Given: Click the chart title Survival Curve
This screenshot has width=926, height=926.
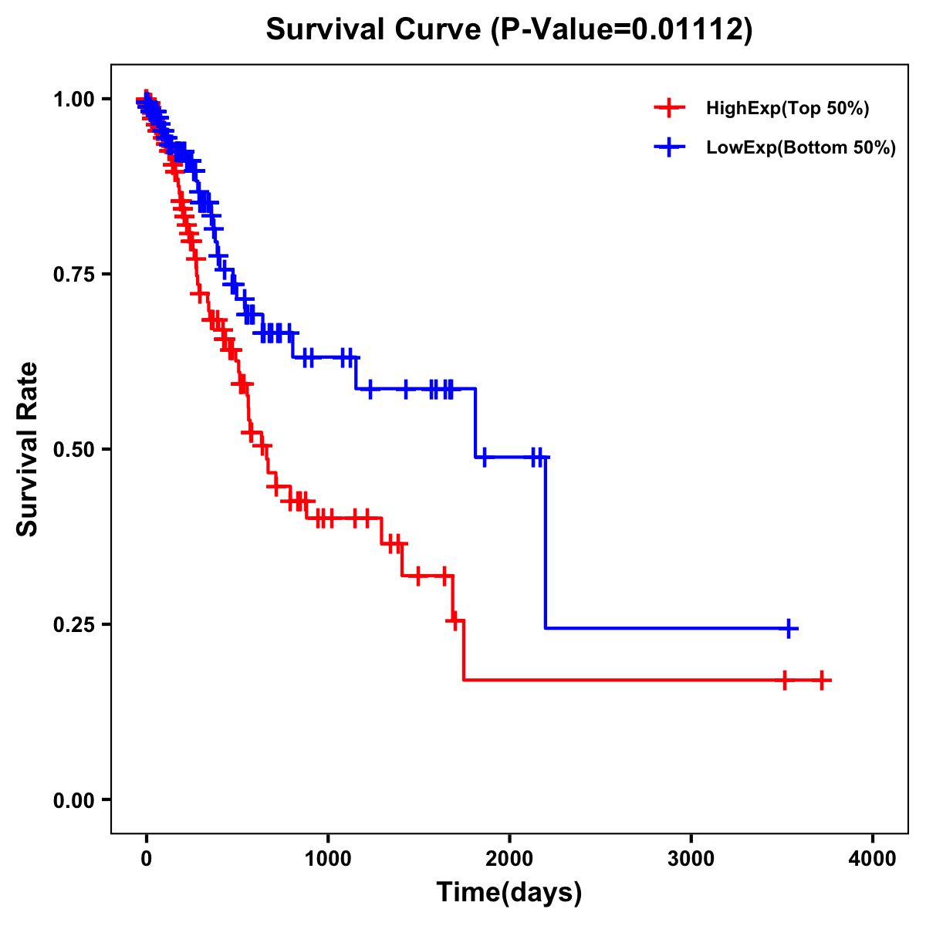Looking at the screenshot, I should (x=375, y=29).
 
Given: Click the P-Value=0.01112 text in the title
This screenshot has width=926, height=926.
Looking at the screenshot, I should (x=622, y=29).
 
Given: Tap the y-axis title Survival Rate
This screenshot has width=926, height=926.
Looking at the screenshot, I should (x=28, y=449).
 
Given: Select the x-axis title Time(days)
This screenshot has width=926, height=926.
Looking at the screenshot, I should (x=509, y=892).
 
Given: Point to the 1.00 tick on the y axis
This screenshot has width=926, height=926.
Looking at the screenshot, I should (x=73, y=99).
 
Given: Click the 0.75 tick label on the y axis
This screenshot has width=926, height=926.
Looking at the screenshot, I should (x=73, y=274).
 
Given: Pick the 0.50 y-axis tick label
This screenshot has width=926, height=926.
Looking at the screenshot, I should (x=73, y=449).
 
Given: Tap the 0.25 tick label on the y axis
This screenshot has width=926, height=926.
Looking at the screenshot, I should (x=73, y=624).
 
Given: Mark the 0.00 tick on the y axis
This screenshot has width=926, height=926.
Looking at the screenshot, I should (x=73, y=799).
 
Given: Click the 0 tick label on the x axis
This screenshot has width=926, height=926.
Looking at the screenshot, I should (x=147, y=859).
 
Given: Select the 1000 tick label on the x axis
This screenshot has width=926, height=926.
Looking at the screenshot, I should (x=328, y=859).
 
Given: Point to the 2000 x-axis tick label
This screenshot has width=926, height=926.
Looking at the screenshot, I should (x=509, y=859).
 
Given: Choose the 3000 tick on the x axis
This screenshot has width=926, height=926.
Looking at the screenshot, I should (x=691, y=859).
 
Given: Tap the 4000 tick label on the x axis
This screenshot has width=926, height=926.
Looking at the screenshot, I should (x=873, y=859).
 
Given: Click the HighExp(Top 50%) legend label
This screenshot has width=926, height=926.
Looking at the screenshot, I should (x=788, y=108).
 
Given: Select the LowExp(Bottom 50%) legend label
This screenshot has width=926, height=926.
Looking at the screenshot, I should (x=801, y=147).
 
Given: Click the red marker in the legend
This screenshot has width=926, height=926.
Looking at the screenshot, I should (x=669, y=108).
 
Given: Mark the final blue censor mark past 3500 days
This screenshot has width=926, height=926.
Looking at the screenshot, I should (x=789, y=628).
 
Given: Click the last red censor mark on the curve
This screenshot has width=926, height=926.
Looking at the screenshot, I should (x=822, y=680).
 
